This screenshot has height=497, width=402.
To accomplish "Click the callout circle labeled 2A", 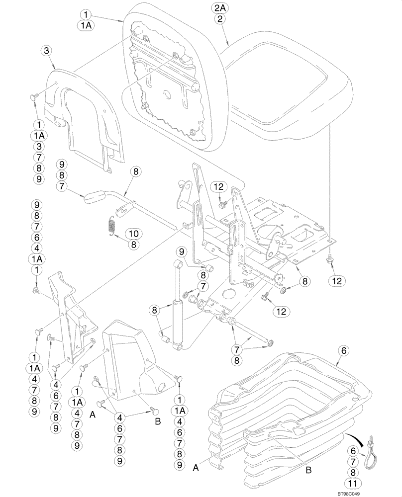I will click(x=220, y=8).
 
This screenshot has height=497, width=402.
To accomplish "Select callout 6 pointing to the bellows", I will click(x=342, y=350).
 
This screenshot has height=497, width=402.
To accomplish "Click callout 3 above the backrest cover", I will click(x=46, y=50).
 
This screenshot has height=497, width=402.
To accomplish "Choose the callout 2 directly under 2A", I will click(x=220, y=19).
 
